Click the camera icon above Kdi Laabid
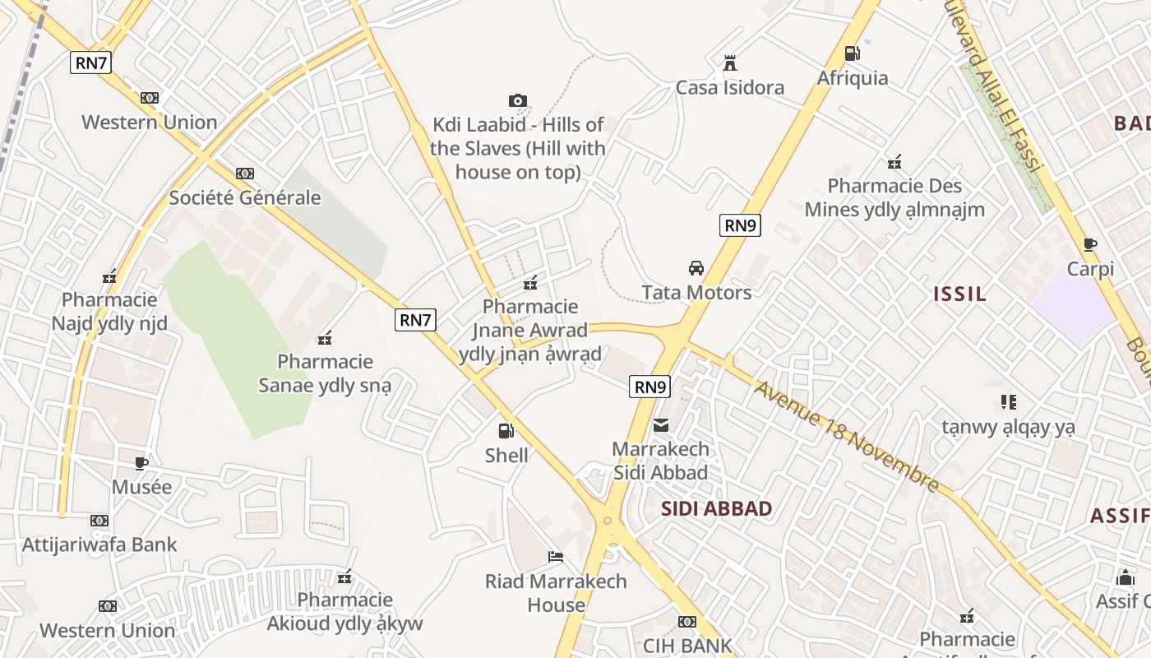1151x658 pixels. click(517, 100)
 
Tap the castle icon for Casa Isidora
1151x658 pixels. click(729, 63)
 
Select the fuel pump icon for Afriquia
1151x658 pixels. click(852, 53)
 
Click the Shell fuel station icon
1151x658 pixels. click(506, 430)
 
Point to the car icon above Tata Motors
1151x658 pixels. click(696, 267)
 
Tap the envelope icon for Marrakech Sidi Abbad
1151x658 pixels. click(661, 425)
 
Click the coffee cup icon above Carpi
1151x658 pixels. click(1090, 244)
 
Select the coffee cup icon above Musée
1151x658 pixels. click(141, 462)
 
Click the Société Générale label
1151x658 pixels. click(245, 197)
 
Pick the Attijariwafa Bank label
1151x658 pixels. click(99, 544)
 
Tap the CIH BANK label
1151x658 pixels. click(686, 646)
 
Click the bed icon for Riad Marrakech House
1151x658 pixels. click(556, 557)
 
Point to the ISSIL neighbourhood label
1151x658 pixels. click(959, 294)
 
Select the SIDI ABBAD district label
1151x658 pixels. click(716, 508)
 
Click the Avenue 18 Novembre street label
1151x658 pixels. click(847, 436)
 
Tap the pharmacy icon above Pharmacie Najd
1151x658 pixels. click(109, 276)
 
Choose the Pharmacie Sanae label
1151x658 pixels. click(325, 373)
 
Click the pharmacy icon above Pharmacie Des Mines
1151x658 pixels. click(894, 161)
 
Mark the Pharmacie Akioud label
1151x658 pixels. click(344, 611)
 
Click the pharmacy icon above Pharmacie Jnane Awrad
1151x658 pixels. click(530, 283)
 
